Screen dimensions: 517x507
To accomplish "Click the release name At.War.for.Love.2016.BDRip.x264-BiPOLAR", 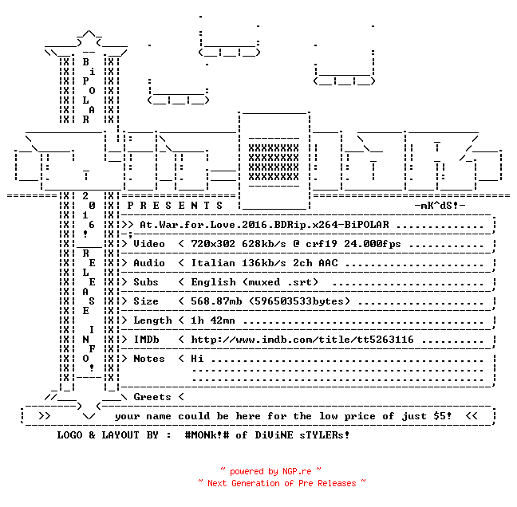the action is coord(264,225).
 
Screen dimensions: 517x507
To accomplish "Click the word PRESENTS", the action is coord(175,206).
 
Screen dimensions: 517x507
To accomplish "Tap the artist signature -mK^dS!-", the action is coord(440,206).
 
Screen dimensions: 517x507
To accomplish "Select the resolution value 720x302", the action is coord(213,244).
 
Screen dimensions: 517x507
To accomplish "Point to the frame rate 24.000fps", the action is coord(373,244).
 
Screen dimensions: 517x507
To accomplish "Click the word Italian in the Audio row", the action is coord(213,263).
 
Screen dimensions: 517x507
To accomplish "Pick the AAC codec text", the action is coord(328,263).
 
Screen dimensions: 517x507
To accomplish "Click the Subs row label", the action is coord(146,282).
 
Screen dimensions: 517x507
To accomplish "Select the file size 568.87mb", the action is coord(216,301).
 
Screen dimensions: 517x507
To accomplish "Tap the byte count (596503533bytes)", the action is coord(299,301).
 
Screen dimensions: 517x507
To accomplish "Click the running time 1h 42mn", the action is coord(213,320).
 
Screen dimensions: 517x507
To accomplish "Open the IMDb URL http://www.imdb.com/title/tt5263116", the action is coord(302,340).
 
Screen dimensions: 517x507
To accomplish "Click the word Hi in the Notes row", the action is coord(197,359).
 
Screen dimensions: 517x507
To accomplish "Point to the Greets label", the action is coord(152,397).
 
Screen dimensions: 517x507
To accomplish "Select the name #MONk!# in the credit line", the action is coord(207,434).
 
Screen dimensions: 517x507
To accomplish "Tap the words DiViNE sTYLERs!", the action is coord(302,434).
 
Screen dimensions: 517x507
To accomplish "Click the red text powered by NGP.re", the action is coord(270,471).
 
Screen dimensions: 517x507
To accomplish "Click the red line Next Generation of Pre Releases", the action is coord(282,483).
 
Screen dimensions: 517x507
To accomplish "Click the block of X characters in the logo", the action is coord(274,163).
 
